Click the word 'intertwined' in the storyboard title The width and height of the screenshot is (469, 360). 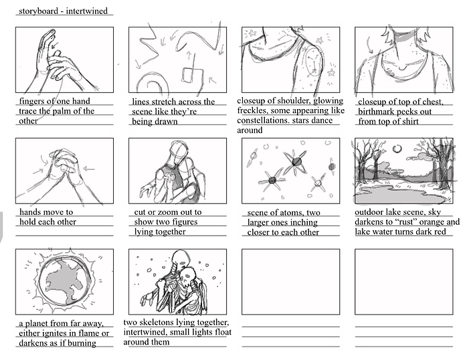coord(86,11)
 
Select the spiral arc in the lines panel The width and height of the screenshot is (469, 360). coord(152,82)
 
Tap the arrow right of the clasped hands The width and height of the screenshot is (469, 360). coord(88,169)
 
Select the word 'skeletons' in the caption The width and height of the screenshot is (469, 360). coord(155,323)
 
